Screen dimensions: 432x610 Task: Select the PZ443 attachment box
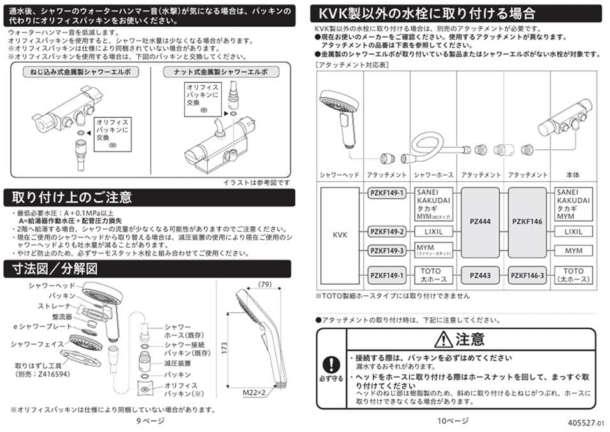click(x=479, y=275)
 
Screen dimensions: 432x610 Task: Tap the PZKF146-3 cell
click(x=526, y=275)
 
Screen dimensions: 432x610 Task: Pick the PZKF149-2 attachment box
click(x=387, y=232)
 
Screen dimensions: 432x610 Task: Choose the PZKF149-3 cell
click(x=387, y=250)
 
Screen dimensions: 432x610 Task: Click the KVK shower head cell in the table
click(x=340, y=234)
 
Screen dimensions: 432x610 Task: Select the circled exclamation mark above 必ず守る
click(x=331, y=365)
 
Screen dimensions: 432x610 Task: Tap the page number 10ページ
click(x=453, y=421)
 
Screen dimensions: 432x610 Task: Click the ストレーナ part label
click(x=60, y=306)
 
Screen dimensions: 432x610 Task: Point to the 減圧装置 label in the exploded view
click(x=177, y=363)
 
